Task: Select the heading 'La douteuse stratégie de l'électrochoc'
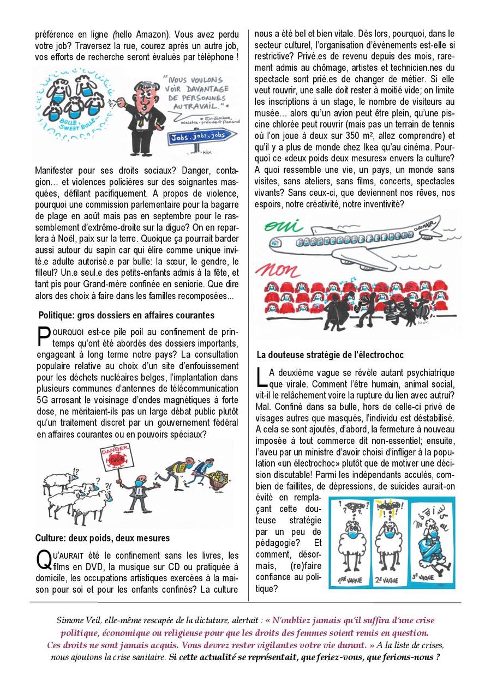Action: coord(330,355)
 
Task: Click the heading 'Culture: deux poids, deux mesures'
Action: coord(103,538)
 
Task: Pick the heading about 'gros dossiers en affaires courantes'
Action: coord(126,315)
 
